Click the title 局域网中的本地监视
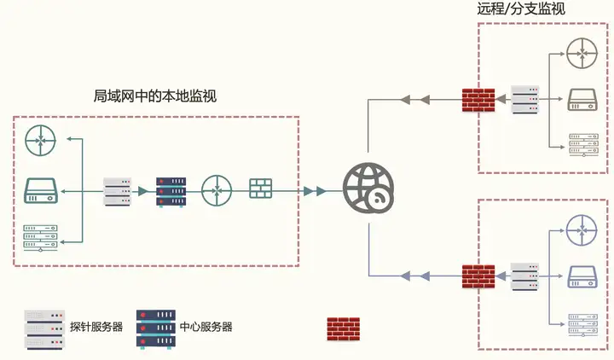[154, 96]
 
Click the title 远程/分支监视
[521, 9]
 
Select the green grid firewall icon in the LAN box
[260, 189]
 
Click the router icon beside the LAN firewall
[217, 189]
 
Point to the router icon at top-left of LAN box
[39, 139]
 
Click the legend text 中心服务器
[206, 327]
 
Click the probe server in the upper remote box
[524, 99]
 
